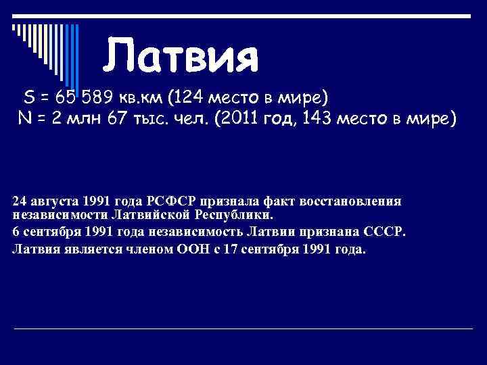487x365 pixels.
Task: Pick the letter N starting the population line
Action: pos(24,119)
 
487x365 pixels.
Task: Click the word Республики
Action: pos(238,216)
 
